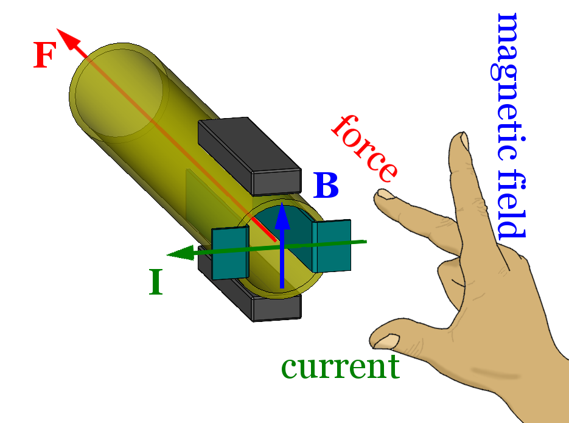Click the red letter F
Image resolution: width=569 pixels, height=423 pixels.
pyautogui.click(x=44, y=56)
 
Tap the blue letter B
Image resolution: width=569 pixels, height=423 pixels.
pyautogui.click(x=326, y=186)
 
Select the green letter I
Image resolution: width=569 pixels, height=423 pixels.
pyautogui.click(x=156, y=282)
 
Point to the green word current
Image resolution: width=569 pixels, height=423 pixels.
pyautogui.click(x=340, y=367)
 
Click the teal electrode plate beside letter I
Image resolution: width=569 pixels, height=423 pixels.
pyautogui.click(x=230, y=253)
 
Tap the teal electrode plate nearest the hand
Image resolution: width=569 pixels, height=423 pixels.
pyautogui.click(x=332, y=245)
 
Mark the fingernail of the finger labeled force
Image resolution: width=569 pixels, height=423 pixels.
pyautogui.click(x=384, y=194)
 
